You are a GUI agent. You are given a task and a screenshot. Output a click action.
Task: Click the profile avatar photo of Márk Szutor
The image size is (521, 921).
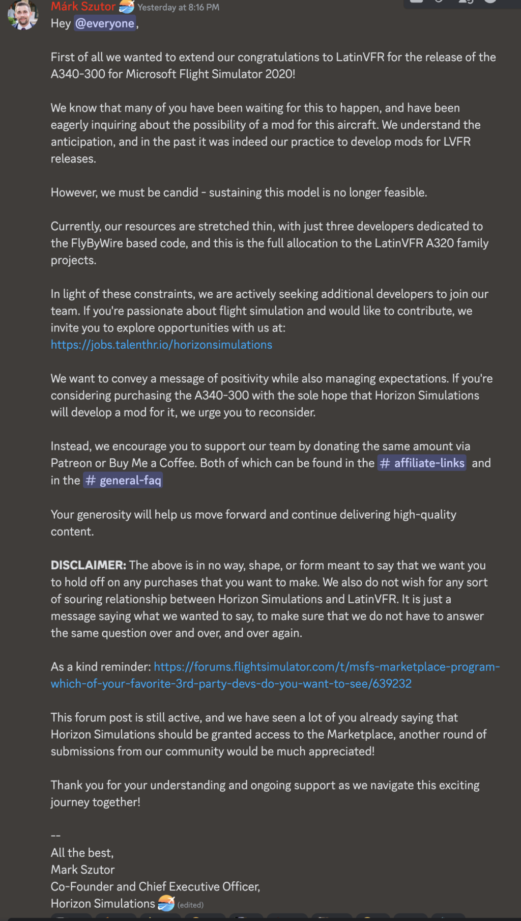pos(23,15)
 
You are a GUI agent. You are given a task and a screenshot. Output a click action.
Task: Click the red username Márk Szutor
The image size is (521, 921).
pos(83,7)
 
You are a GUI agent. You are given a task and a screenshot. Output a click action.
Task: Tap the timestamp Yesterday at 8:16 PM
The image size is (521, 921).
pos(178,8)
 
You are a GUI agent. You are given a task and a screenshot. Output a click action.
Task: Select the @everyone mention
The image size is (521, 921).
pos(105,23)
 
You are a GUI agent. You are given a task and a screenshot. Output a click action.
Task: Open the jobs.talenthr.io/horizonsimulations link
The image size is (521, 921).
pos(161,345)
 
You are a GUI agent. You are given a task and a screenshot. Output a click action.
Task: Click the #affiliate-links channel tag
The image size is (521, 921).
pos(422,463)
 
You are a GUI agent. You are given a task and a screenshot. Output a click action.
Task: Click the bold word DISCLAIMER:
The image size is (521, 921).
pos(88,565)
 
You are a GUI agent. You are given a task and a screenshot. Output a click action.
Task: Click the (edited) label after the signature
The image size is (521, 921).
pos(190,905)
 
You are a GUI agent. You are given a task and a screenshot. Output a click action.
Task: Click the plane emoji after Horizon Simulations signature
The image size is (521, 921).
pos(166,903)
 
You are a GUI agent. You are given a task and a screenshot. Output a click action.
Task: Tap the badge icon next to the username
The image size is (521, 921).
pos(127,7)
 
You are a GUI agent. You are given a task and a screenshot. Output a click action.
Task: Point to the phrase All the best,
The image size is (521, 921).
pos(82,853)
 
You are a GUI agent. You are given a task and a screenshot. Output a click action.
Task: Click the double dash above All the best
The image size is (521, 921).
pos(55,835)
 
